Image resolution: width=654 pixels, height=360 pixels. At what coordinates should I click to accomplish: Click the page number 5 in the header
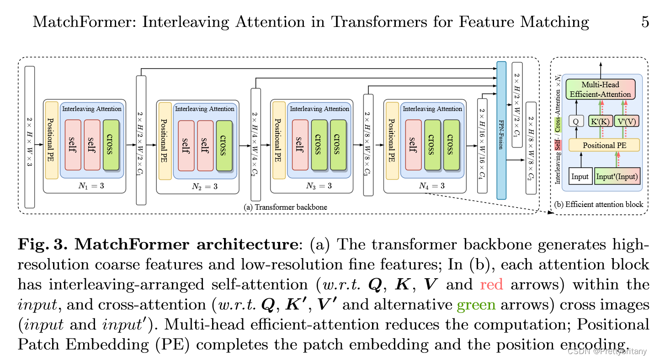[645, 21]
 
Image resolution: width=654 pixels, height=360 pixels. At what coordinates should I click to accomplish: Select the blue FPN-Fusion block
[501, 130]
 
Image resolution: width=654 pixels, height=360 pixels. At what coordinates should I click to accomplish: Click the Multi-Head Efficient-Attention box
[601, 90]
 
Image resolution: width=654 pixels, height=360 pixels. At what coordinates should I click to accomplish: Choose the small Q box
[576, 121]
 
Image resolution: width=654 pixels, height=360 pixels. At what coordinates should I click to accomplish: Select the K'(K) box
[601, 121]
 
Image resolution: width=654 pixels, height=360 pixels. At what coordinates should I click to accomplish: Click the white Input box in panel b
[580, 176]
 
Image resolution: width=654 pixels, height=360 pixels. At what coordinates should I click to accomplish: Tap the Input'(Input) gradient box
[617, 176]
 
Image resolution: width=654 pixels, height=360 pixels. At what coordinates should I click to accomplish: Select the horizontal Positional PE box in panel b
[604, 145]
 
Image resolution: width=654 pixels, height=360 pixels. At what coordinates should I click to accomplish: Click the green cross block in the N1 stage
[111, 145]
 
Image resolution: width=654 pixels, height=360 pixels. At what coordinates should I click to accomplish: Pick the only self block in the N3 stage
[300, 145]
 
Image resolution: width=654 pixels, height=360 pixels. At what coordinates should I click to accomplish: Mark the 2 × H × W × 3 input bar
[29, 137]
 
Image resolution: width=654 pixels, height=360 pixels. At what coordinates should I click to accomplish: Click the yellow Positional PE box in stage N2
[165, 141]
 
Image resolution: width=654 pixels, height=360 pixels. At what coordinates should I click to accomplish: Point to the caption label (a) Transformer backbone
[286, 207]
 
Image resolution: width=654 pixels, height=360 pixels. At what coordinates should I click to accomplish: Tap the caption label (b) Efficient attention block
[599, 204]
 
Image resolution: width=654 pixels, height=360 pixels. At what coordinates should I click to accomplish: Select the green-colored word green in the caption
[476, 304]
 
